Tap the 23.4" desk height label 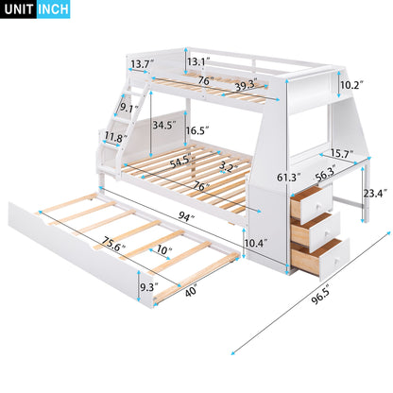tap(375, 196)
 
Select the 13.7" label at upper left tap(142, 64)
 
